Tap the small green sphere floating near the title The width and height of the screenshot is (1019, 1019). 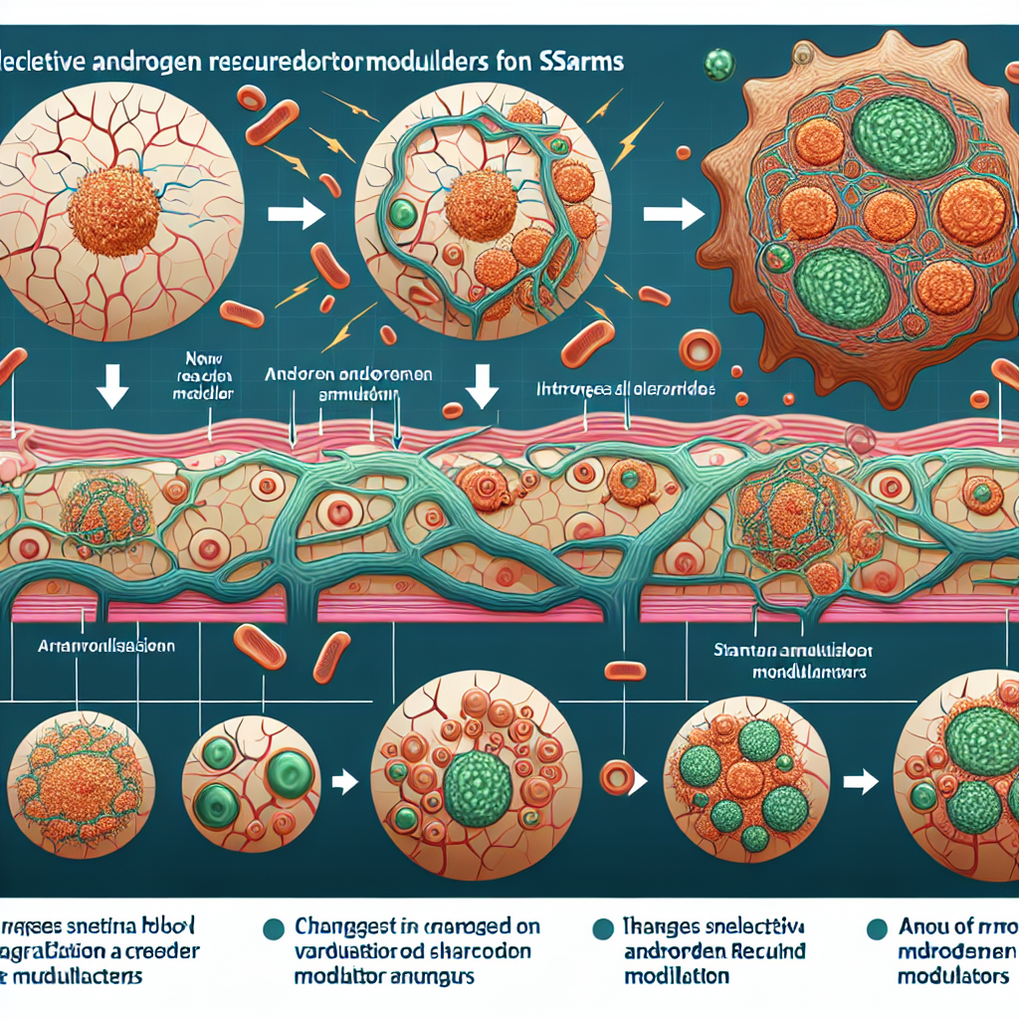pos(716,66)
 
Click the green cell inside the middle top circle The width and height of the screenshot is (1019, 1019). pos(402,213)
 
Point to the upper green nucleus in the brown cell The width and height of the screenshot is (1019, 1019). pos(903,137)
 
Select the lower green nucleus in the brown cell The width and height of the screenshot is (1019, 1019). pos(845,287)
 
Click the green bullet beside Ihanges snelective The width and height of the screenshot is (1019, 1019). pos(601,928)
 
